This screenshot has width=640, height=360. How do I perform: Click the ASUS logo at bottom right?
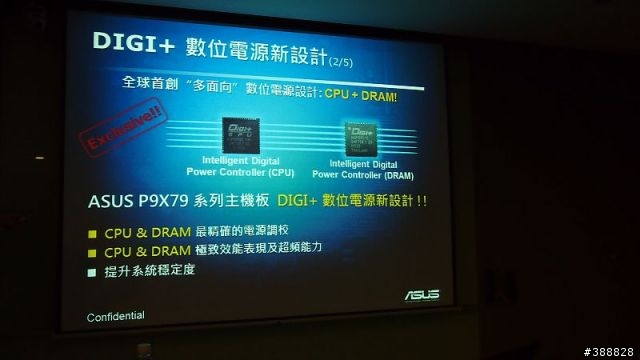point(421,295)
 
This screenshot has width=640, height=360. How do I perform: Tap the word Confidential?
point(113,316)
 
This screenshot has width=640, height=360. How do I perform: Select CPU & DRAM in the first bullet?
point(141,232)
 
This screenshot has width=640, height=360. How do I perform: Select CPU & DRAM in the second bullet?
point(141,251)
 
